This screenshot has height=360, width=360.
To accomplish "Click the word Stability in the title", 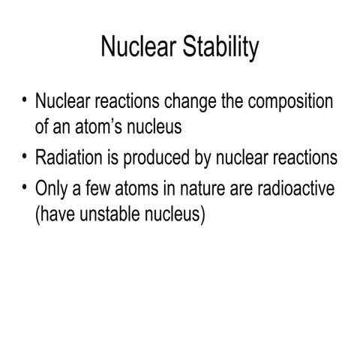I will click(x=218, y=49).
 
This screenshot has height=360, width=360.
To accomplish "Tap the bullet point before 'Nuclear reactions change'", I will click(x=25, y=100).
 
